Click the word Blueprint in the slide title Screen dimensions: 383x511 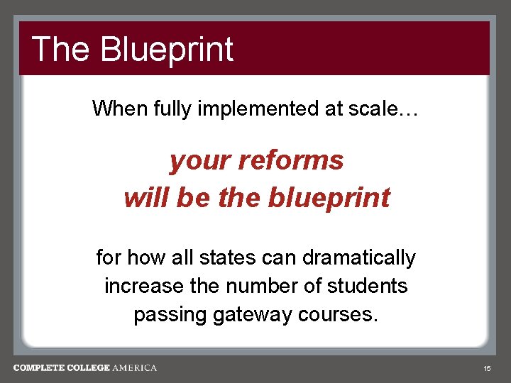167,50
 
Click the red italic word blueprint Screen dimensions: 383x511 330,198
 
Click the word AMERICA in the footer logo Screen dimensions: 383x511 135,368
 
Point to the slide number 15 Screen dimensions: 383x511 487,369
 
